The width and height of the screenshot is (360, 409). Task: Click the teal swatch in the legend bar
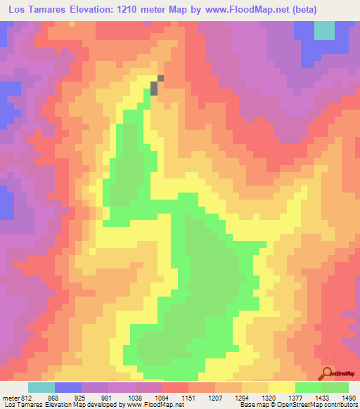[x=41, y=387]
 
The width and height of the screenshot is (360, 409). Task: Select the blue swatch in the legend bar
[x=68, y=387]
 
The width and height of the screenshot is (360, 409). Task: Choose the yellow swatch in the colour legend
[x=281, y=387]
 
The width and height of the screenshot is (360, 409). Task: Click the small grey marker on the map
[x=156, y=86]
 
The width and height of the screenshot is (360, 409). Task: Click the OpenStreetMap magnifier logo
[x=328, y=373]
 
